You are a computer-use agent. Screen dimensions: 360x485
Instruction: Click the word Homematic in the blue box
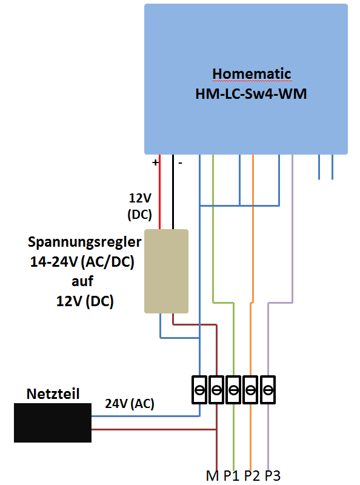tap(252, 74)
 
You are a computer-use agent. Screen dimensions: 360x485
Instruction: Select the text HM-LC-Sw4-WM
tap(251, 94)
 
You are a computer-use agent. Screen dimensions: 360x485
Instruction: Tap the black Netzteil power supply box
tap(53, 423)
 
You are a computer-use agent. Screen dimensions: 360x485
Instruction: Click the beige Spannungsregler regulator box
tap(167, 271)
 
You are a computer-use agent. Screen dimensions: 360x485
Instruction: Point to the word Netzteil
tap(53, 393)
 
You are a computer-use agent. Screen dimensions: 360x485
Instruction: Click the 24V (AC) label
tap(130, 404)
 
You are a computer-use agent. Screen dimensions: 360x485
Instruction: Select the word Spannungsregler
tap(84, 242)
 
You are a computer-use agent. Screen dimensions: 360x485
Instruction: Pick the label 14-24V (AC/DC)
tap(82, 262)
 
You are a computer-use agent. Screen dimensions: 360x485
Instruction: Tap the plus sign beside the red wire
tap(155, 162)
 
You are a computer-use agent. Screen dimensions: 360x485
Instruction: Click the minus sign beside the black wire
tap(181, 162)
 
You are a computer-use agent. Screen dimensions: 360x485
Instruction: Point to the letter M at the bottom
tap(212, 476)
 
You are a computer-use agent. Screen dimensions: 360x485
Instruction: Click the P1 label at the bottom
tap(232, 476)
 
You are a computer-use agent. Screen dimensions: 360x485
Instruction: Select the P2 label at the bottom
tap(252, 476)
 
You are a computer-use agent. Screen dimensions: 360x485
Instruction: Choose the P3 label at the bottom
tap(273, 476)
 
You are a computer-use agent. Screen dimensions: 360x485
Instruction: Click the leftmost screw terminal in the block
tap(199, 390)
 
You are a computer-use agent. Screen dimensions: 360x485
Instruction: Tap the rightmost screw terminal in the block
tap(268, 390)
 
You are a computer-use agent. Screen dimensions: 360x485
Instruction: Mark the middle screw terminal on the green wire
tap(233, 390)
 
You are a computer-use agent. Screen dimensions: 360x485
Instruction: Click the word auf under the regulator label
tap(82, 281)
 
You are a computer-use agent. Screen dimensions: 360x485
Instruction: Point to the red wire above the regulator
tap(159, 192)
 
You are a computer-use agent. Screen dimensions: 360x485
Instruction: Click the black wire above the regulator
tap(173, 192)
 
